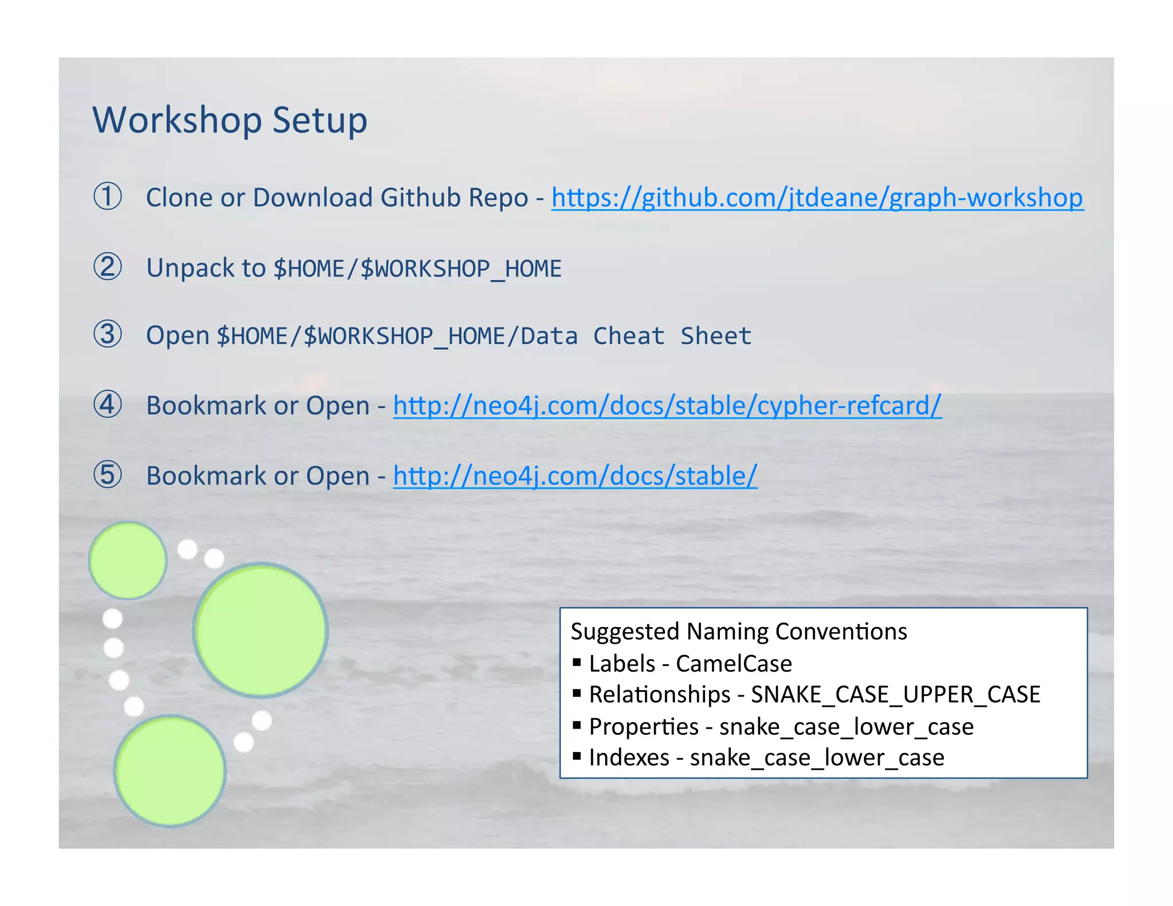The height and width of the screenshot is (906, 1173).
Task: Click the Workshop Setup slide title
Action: coord(230,120)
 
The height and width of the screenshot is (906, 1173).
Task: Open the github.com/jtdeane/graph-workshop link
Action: coord(817,198)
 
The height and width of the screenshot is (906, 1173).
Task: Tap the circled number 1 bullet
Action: coord(108,196)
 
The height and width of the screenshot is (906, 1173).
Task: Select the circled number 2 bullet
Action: coord(108,267)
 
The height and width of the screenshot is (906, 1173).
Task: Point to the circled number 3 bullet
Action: coord(108,334)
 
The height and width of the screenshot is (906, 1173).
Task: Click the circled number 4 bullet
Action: coord(108,405)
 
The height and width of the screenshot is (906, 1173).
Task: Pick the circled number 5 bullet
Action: coord(108,475)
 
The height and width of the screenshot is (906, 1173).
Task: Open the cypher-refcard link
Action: coord(667,405)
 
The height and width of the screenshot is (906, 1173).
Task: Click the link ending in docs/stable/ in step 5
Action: coord(575,476)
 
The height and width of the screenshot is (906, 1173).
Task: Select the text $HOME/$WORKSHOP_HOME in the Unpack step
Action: coord(418,269)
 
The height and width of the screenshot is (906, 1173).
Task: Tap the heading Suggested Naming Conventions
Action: coord(739,631)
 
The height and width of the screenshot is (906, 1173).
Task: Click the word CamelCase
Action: coord(734,663)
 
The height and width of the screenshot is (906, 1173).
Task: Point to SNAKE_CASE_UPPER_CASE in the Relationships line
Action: coord(895,695)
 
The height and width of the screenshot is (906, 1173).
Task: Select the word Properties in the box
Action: coord(644,726)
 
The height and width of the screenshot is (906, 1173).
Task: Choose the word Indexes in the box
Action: coord(629,757)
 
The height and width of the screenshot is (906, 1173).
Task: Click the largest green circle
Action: coord(261,630)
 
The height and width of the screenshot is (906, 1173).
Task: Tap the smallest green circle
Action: coord(128,561)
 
